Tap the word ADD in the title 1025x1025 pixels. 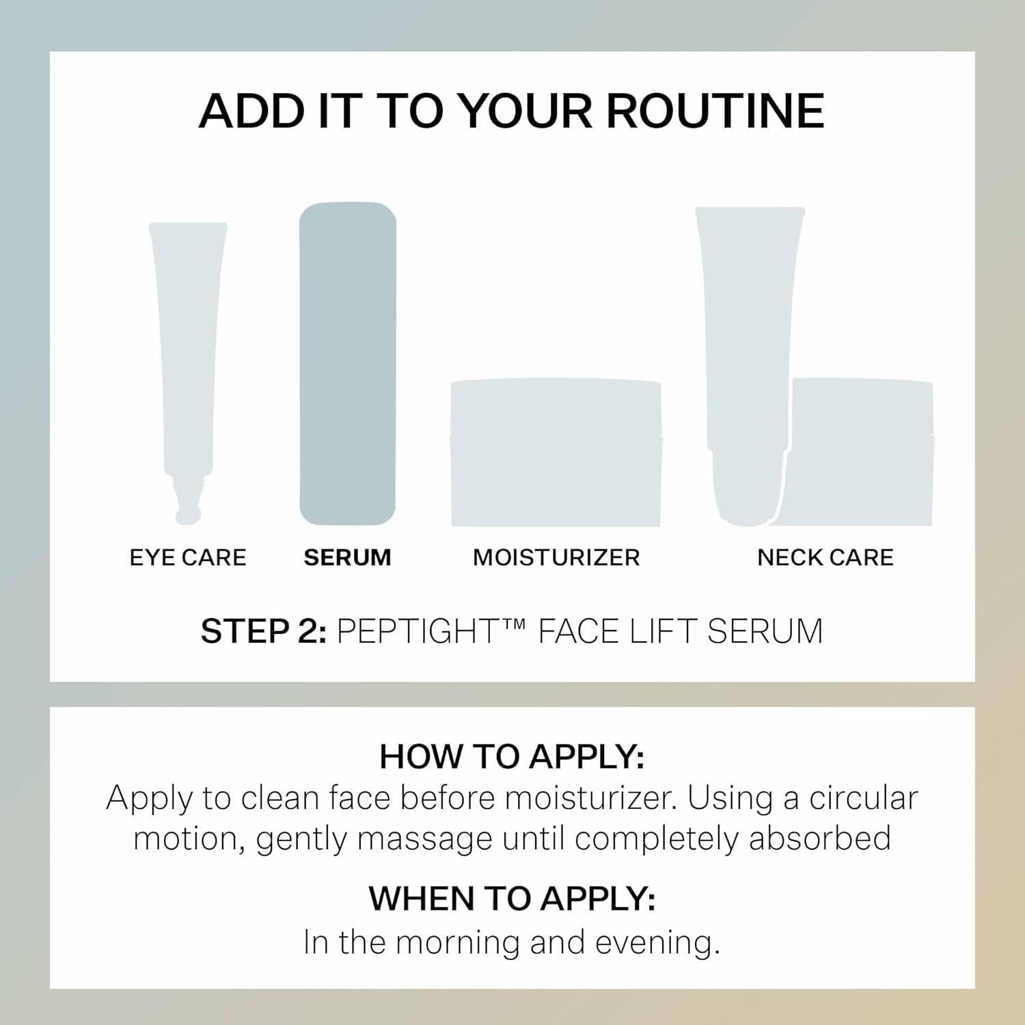click(251, 111)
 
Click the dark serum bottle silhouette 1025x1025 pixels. click(348, 364)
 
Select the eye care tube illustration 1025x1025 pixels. click(187, 342)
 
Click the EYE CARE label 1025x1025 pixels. click(188, 558)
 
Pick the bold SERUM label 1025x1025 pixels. click(348, 558)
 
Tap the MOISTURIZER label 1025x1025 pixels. click(556, 558)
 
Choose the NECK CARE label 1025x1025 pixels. click(825, 558)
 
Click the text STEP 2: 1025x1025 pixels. click(263, 631)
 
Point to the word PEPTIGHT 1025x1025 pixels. click(417, 631)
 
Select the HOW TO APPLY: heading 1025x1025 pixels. click(512, 756)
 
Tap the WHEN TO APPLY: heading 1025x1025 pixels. click(512, 899)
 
